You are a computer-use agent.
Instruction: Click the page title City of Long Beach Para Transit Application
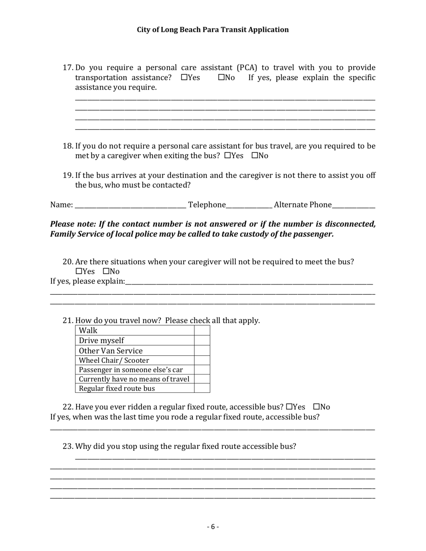(x=213, y=30)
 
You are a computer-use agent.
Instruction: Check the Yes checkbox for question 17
(x=184, y=77)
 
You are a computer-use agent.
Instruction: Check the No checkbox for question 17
(x=222, y=77)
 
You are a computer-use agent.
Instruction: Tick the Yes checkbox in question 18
(x=228, y=156)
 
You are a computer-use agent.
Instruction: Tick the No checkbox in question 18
(x=255, y=156)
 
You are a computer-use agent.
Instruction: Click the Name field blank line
(x=130, y=206)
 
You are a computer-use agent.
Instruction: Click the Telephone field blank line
(x=249, y=206)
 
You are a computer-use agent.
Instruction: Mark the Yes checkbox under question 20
(x=79, y=271)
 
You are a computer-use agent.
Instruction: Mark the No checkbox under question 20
(x=106, y=271)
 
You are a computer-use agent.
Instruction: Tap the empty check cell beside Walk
(x=202, y=331)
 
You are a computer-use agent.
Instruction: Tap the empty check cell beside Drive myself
(x=202, y=340)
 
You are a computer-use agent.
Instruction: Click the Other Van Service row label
(x=111, y=351)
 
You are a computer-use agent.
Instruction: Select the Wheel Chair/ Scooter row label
(x=114, y=360)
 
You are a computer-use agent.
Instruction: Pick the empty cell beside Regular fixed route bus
(x=202, y=388)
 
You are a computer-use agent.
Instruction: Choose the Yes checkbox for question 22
(x=289, y=407)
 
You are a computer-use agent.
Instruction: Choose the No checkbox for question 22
(x=317, y=407)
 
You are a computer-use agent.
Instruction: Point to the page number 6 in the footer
(x=213, y=527)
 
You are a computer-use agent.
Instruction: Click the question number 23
(x=68, y=447)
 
